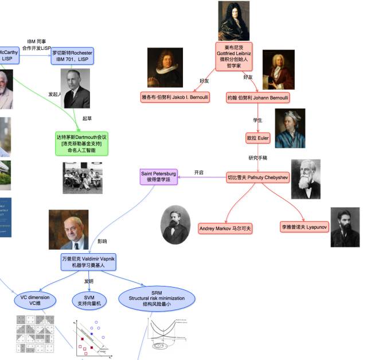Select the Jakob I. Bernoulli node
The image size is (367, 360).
174,97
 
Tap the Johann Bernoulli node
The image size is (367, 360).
257,98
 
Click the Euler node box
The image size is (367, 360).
257,138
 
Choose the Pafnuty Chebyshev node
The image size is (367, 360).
257,177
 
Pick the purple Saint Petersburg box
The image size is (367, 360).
158,177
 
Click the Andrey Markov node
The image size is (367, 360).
225,229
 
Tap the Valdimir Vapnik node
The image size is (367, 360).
92,262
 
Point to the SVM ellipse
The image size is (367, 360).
89,300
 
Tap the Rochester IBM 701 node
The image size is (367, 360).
72,56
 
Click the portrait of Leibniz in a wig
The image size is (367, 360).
233,21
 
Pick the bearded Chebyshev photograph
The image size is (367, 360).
306,179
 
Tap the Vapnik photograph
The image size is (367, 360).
69,230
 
